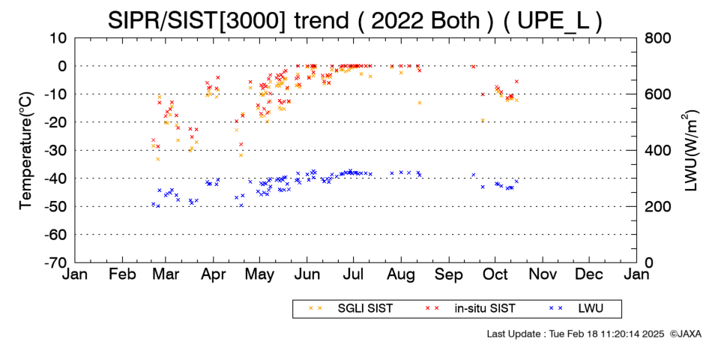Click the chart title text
[355, 21]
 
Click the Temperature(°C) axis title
[27, 150]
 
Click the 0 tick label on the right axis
[648, 262]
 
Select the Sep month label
[449, 274]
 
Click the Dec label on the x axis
[589, 274]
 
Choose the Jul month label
[353, 274]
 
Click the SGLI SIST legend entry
[365, 309]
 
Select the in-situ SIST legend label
[485, 309]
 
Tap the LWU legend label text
[591, 309]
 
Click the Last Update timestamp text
[576, 334]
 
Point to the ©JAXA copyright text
[685, 334]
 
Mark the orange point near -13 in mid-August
[420, 103]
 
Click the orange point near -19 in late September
[483, 121]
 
